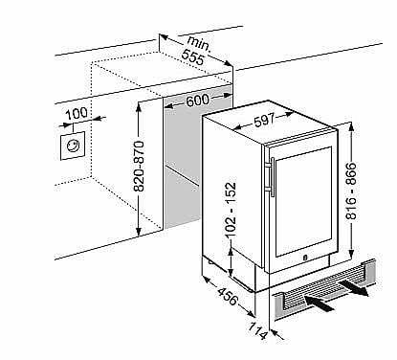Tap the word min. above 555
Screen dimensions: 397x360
(x=199, y=43)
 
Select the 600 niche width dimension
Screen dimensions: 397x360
(x=197, y=101)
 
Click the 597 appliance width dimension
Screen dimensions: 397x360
(x=265, y=120)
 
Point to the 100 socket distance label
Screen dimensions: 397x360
(x=77, y=114)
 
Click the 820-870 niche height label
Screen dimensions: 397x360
(x=140, y=167)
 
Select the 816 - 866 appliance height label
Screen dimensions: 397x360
(x=351, y=191)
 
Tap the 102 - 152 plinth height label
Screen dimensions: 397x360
(x=231, y=210)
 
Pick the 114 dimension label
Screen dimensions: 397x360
(x=257, y=330)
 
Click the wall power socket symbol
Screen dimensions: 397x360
(x=73, y=146)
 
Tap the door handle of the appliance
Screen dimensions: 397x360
(x=273, y=176)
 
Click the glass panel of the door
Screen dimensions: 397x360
(x=303, y=202)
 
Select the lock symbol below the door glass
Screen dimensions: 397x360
(x=305, y=257)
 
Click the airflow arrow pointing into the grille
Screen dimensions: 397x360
(x=320, y=304)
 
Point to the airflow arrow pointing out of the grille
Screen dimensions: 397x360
(x=353, y=288)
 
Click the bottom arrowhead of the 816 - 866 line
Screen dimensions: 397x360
(x=351, y=254)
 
